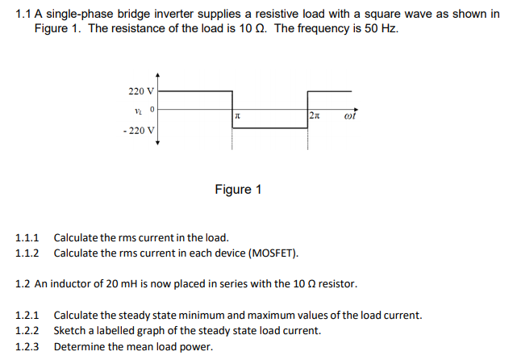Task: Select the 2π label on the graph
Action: coord(315,118)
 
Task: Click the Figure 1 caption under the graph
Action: coord(239,190)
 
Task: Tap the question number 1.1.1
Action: coord(28,238)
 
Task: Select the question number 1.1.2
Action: coord(28,253)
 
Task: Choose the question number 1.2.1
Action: coord(28,316)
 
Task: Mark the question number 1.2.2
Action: coord(28,331)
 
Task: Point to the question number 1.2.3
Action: coord(28,347)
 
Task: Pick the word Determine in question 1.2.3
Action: coord(81,347)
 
